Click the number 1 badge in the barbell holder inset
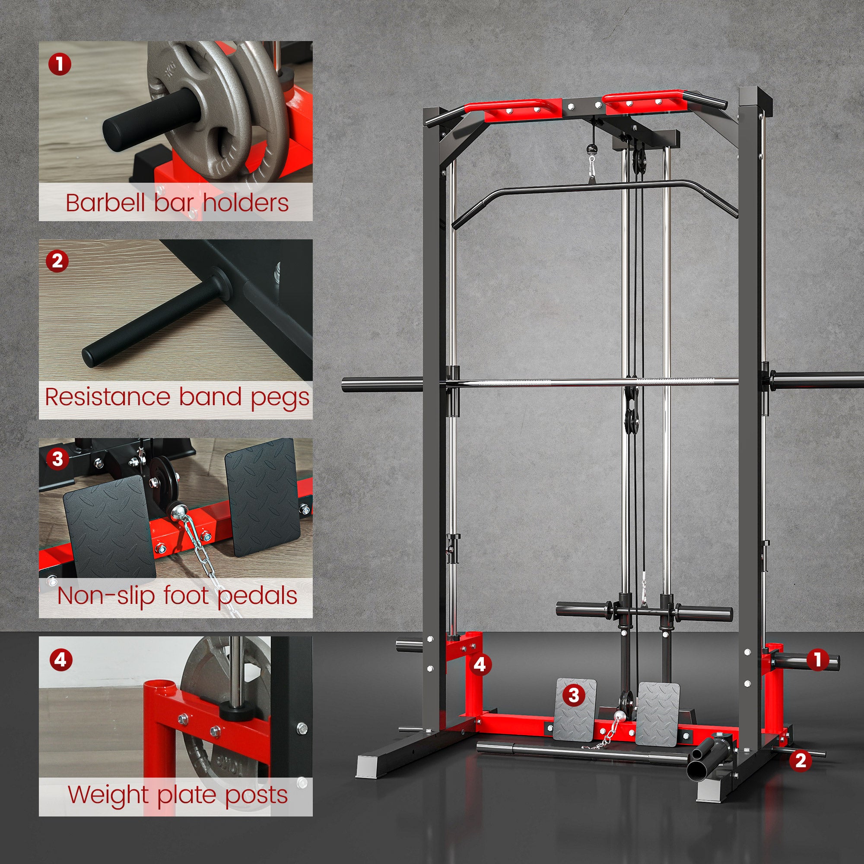60,64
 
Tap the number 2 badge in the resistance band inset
57,261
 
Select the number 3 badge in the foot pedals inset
57,458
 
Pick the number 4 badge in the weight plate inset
60,660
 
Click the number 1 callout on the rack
818,659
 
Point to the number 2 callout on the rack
800,760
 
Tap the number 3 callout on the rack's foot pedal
574,695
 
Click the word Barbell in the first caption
106,203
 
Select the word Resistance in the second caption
108,397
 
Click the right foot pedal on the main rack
658,714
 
